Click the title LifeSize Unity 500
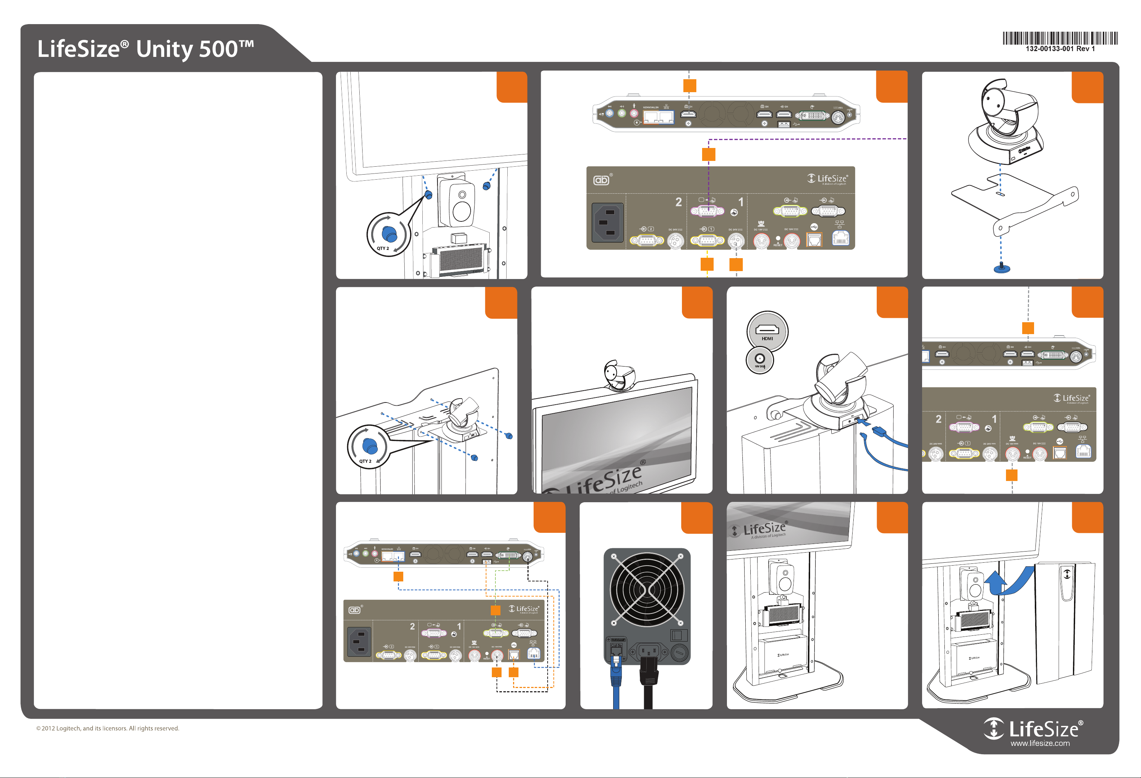pyautogui.click(x=146, y=49)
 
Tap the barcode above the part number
pyautogui.click(x=1060, y=38)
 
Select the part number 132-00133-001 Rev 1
pyautogui.click(x=1060, y=49)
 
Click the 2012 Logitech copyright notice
pyautogui.click(x=108, y=728)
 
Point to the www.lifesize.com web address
pyautogui.click(x=1040, y=743)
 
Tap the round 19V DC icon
pyautogui.click(x=759, y=360)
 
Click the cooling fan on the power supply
pyautogui.click(x=647, y=589)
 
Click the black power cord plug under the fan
pyautogui.click(x=648, y=673)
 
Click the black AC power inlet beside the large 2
pyautogui.click(x=607, y=222)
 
